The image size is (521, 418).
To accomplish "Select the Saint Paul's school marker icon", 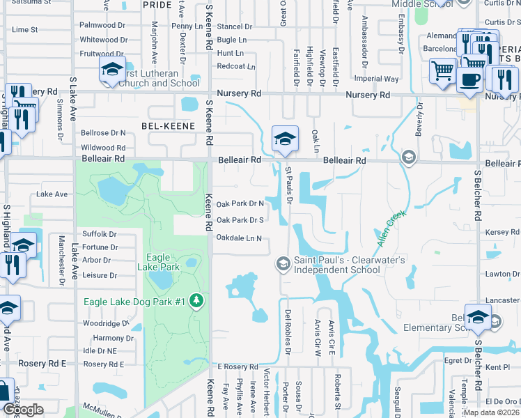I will coord(283,263).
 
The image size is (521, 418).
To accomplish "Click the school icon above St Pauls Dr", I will coord(284,139).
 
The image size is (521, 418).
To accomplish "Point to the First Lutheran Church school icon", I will coord(111,70).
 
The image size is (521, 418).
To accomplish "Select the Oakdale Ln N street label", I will coord(239,238).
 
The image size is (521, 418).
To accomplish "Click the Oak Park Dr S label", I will coord(240,220).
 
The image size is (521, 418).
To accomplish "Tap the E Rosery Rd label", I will coord(238,367).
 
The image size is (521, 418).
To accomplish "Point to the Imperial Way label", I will coord(376,79).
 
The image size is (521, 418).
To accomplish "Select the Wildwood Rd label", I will coord(103,148).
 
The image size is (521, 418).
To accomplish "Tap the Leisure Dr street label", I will coord(100,275).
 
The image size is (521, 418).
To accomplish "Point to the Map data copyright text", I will coord(491,412).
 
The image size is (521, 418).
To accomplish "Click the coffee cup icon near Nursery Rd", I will coord(470,78).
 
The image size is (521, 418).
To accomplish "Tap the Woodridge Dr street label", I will coord(106,324).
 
